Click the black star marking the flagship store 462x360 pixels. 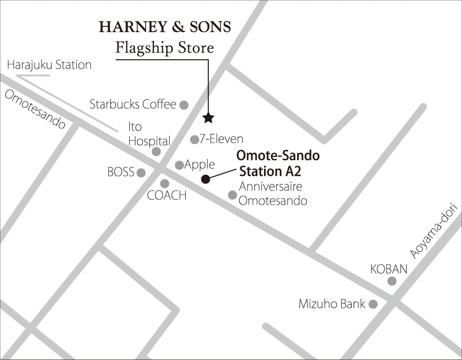[209, 118]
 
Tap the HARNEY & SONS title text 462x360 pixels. [165, 27]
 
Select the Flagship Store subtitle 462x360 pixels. [165, 48]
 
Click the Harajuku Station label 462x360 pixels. [49, 65]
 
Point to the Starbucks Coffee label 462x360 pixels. [133, 104]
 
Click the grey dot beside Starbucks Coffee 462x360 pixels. [184, 105]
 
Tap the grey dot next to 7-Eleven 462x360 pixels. [194, 140]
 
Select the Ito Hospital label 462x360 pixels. [148, 134]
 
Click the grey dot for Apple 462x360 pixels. [179, 165]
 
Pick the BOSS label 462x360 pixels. [121, 172]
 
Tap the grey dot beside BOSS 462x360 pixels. [141, 173]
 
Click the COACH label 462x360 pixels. [167, 195]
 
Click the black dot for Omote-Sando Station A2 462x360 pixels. [205, 179]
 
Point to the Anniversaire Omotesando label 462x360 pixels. [273, 194]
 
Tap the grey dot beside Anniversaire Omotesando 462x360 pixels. [233, 195]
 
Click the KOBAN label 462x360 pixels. [389, 269]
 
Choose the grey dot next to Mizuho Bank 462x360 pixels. [373, 305]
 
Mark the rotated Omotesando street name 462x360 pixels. [35, 110]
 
